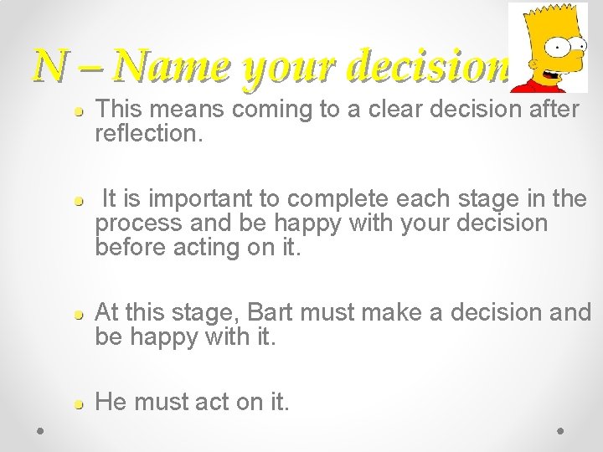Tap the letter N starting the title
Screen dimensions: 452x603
(48, 65)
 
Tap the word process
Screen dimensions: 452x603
(137, 224)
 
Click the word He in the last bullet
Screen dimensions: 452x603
(111, 403)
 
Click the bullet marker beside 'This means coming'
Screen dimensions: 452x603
(77, 110)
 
